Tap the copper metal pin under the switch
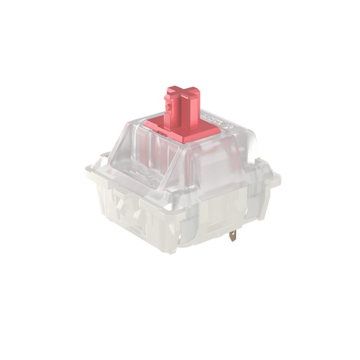[x=233, y=235]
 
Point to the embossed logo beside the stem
[x=216, y=118]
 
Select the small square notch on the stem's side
[x=169, y=107]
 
